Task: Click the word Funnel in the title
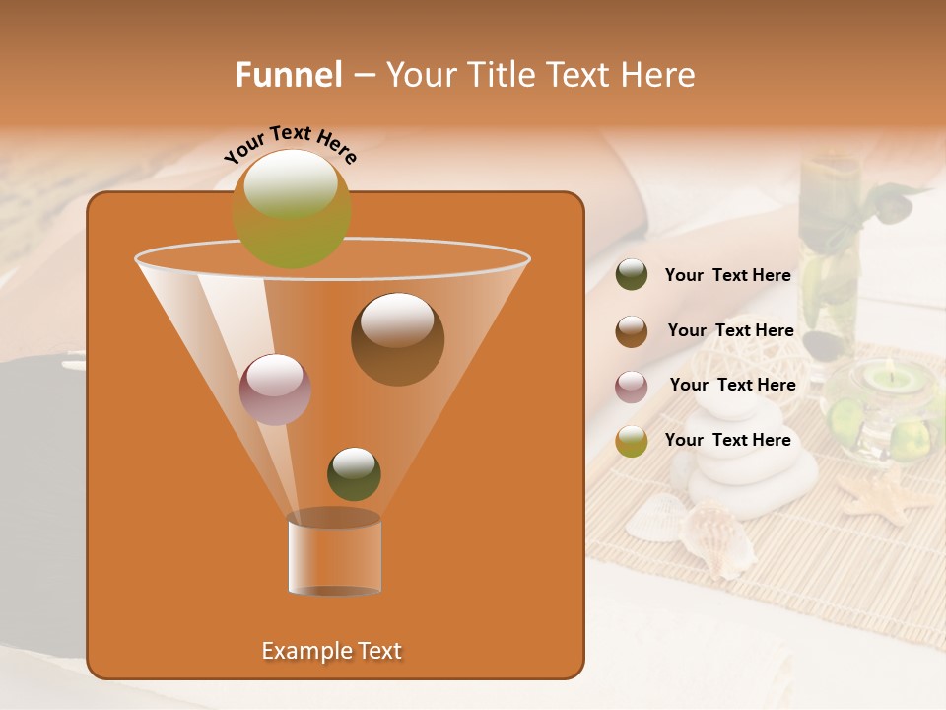coord(289,75)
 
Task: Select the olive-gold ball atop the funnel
coord(292,208)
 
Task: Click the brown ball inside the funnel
coord(397,338)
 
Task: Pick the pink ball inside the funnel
coord(275,389)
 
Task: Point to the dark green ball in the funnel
coord(354,473)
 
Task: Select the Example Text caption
coord(332,651)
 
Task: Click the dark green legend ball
coord(632,275)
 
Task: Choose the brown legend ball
coord(632,331)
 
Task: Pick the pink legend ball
coord(632,387)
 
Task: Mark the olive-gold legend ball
coord(632,441)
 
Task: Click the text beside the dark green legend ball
coord(728,275)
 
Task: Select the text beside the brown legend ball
coord(730,330)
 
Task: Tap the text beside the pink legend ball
coord(732,385)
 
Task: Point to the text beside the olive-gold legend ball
coord(728,440)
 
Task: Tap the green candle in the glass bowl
coord(884,379)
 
